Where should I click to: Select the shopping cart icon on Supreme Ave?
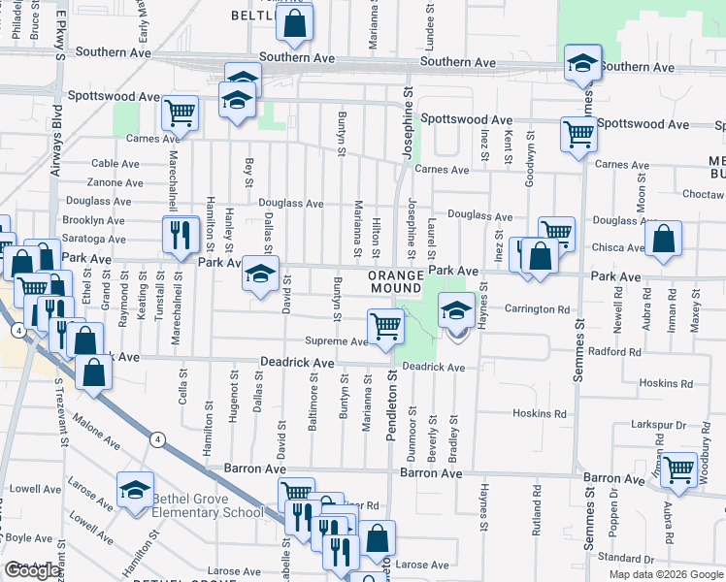pyautogui.click(x=385, y=325)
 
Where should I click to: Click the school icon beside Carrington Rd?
pyautogui.click(x=455, y=311)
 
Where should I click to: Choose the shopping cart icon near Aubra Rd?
pyautogui.click(x=679, y=470)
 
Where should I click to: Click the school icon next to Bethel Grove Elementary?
pyautogui.click(x=135, y=490)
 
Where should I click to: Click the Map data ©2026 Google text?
pyautogui.click(x=666, y=574)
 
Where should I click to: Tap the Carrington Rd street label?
pyautogui.click(x=536, y=309)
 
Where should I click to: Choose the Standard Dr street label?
pyautogui.click(x=625, y=558)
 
